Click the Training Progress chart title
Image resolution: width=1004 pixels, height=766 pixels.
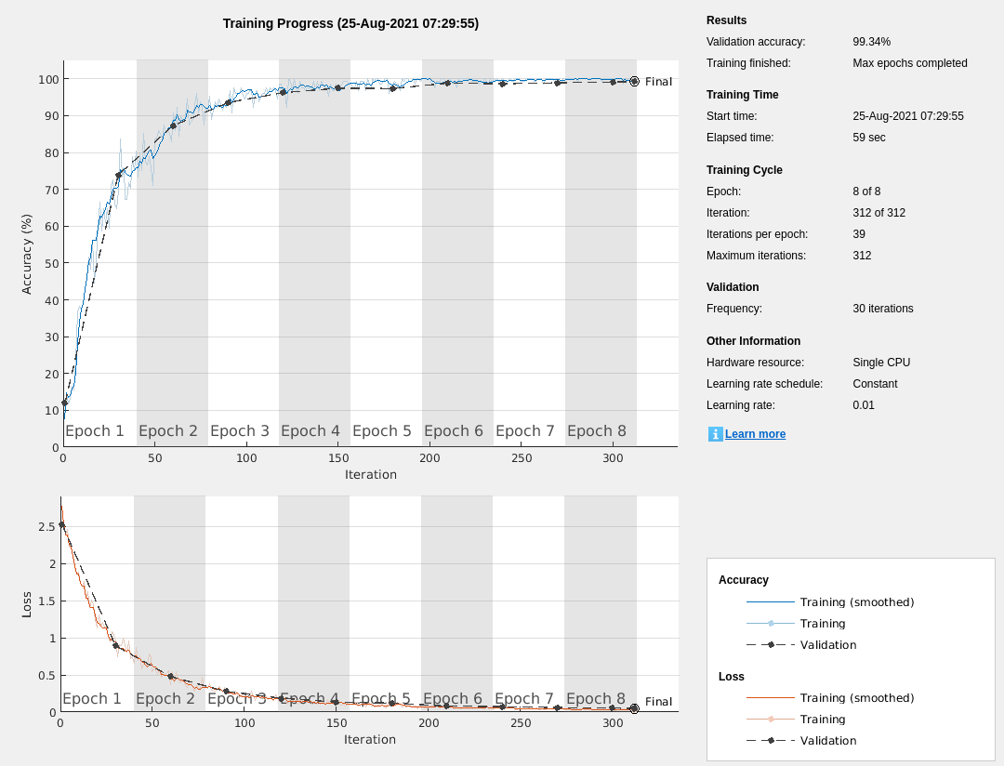point(350,23)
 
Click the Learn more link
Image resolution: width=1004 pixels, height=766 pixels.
point(755,434)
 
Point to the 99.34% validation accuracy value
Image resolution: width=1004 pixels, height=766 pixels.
point(871,42)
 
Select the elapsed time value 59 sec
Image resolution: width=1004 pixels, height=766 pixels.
point(868,138)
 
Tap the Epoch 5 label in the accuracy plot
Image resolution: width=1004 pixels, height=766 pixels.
point(381,431)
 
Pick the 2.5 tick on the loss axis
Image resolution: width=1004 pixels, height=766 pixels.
point(46,527)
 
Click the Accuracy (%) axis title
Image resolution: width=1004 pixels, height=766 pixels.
point(27,254)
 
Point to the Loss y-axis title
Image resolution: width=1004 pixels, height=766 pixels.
point(27,604)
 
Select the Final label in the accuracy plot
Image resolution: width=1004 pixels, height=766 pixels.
point(658,82)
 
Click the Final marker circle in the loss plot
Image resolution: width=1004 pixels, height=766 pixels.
point(634,708)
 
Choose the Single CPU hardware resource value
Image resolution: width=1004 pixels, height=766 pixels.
point(881,363)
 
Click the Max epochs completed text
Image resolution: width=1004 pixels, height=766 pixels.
point(909,63)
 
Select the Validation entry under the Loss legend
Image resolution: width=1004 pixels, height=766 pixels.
point(827,741)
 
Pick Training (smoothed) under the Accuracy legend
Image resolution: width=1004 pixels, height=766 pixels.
point(856,602)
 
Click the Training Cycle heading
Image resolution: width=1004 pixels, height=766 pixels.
point(744,170)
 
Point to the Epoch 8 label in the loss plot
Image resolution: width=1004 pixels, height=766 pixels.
point(595,699)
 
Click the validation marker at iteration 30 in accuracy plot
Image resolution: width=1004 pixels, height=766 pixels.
point(119,175)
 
